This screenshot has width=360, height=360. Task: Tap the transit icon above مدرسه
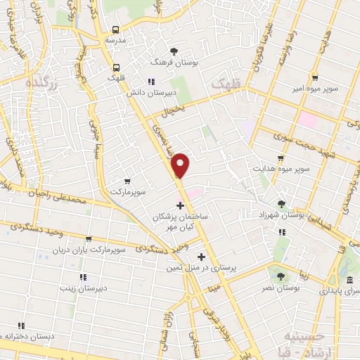[x=116, y=30]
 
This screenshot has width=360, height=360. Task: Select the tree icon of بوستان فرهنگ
[x=174, y=51]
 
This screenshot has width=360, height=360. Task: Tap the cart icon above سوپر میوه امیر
[x=315, y=78]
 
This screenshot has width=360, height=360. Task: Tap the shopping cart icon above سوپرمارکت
[x=127, y=181]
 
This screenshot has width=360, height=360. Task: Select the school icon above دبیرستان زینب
[x=83, y=276]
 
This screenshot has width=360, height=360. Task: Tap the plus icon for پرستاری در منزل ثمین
[x=202, y=257]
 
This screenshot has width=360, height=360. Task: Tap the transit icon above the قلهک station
[x=115, y=67]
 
